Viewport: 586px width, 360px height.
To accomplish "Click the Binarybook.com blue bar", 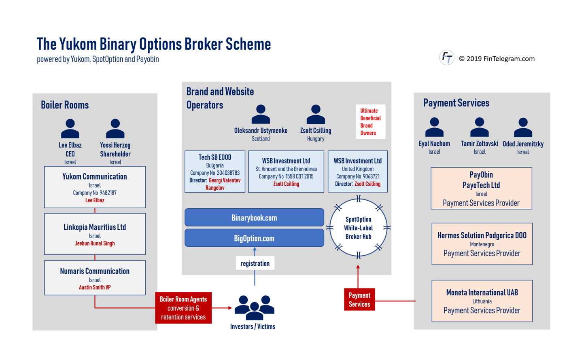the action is pos(254,217).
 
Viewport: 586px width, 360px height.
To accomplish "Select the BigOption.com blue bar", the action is pos(254,238).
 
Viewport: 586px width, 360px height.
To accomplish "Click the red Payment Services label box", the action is pos(359,299).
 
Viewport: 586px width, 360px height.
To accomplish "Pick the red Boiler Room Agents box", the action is pos(183,308).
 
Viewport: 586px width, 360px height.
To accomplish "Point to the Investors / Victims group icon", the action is pos(254,308).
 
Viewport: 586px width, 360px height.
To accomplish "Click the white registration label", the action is pos(255,263).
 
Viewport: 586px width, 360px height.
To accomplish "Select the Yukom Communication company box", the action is pos(95,187).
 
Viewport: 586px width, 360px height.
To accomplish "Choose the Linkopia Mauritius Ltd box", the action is pos(95,234).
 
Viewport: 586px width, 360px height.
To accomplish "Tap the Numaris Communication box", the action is pos(95,278).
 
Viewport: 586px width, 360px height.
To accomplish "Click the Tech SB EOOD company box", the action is pos(215,172).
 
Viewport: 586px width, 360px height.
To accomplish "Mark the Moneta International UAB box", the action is pos(482,301).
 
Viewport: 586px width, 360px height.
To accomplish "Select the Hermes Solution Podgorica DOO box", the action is pos(482,244).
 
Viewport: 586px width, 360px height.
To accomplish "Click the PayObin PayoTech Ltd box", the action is pos(481,188).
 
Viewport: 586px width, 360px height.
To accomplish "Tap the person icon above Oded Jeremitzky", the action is pos(523,127).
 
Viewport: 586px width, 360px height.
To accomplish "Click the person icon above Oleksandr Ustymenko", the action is pos(261,114).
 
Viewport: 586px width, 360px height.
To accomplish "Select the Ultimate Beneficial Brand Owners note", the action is pos(370,122).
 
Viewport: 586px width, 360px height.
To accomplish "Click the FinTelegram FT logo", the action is pos(447,57).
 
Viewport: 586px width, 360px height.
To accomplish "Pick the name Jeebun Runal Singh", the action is pos(95,244).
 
